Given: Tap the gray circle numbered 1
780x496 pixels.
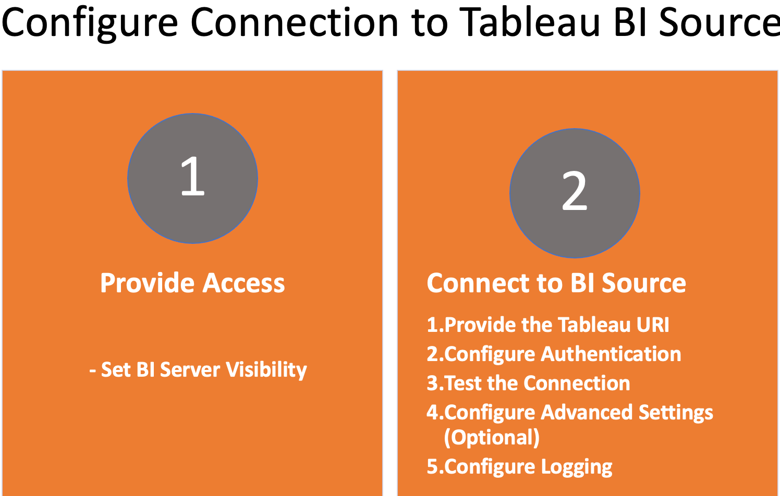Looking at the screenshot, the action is coord(192,178).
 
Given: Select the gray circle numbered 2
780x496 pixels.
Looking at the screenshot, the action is coord(575,193).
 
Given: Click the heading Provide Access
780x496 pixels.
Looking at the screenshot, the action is coord(192,282).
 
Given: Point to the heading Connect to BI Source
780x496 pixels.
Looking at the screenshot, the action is coord(556,282).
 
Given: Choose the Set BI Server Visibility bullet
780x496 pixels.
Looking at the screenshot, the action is coord(198,369).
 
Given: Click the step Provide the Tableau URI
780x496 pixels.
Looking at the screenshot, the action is coord(548,325).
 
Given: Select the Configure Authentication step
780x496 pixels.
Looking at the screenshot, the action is coord(554,354).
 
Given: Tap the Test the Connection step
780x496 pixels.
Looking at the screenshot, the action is coord(529,383).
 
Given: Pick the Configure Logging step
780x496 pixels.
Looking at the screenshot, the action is coord(519,467).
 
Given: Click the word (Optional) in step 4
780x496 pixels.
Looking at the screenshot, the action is coord(492,437).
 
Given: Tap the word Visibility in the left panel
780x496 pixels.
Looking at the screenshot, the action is coord(266,369).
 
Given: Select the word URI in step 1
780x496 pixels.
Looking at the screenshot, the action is coord(653,325).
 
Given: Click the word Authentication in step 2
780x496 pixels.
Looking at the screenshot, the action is coord(611,354).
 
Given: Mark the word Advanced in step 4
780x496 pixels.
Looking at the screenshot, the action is coord(587,412).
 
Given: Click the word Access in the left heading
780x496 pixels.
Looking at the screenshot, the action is coord(244,282).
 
